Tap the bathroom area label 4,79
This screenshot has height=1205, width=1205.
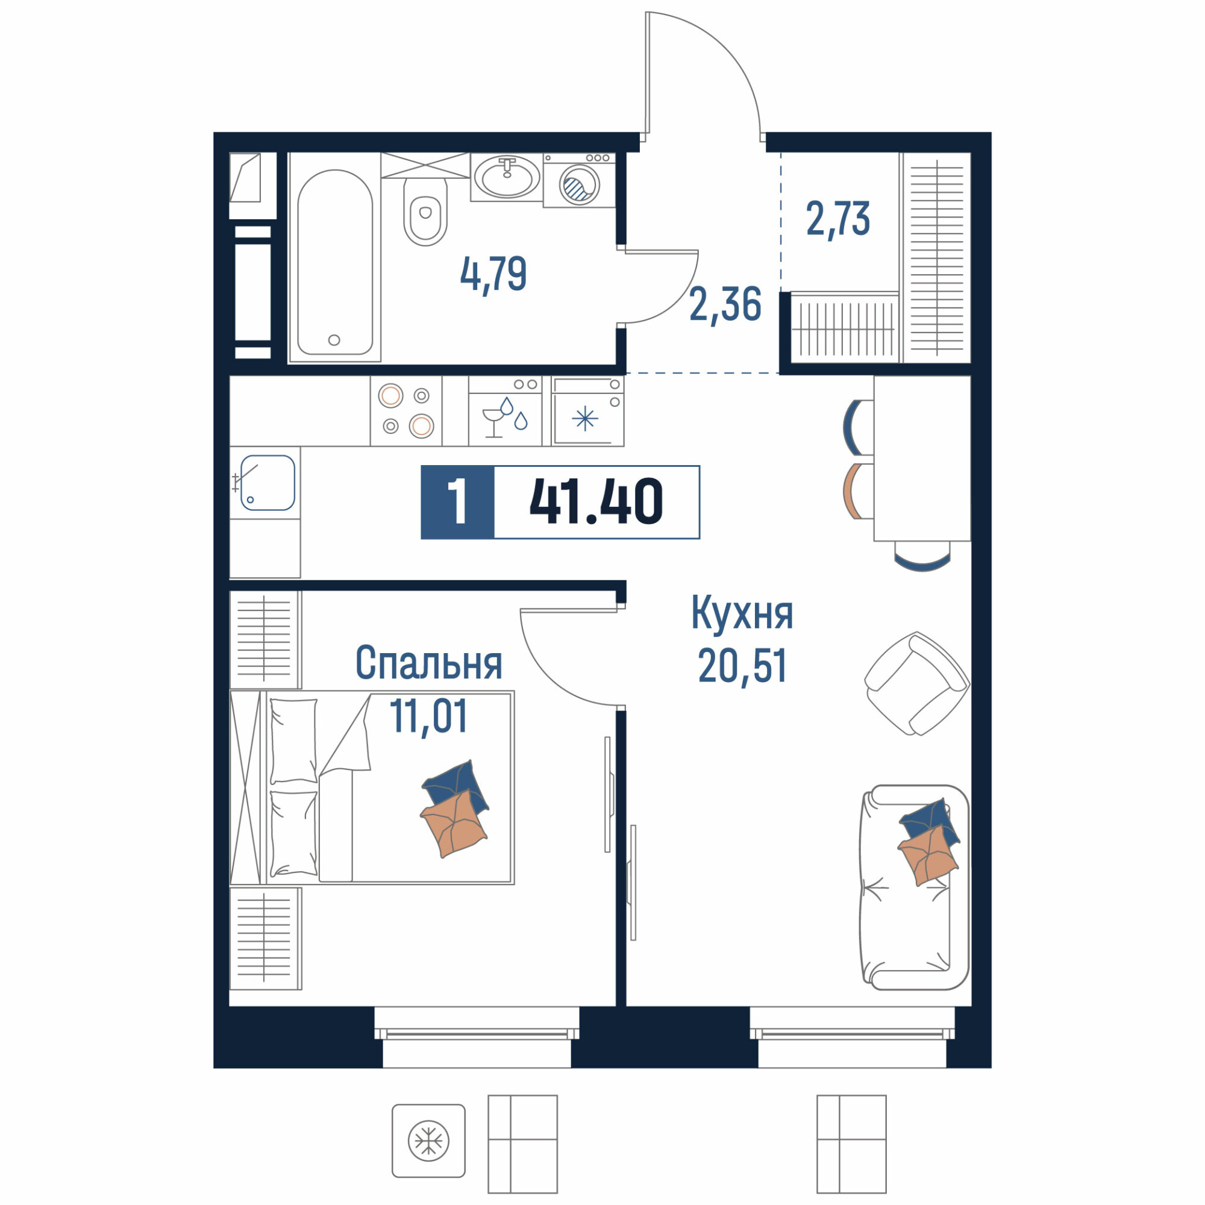(x=493, y=274)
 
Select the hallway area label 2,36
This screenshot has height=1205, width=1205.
(x=725, y=304)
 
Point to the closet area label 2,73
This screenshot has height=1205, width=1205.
(x=837, y=219)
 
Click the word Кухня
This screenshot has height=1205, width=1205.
(x=742, y=613)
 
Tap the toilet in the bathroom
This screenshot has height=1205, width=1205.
(x=425, y=211)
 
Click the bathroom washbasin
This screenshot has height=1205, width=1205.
(x=507, y=177)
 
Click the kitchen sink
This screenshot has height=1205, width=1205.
(x=268, y=483)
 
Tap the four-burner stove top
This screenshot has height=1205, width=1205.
(x=406, y=410)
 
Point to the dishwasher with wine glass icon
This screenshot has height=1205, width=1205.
(x=505, y=410)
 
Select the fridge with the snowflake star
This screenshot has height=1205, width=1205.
(x=587, y=410)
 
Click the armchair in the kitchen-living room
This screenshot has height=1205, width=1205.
(x=917, y=684)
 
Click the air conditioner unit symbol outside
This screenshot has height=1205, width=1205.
(x=428, y=1141)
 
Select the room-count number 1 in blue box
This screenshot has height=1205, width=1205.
(x=458, y=501)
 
